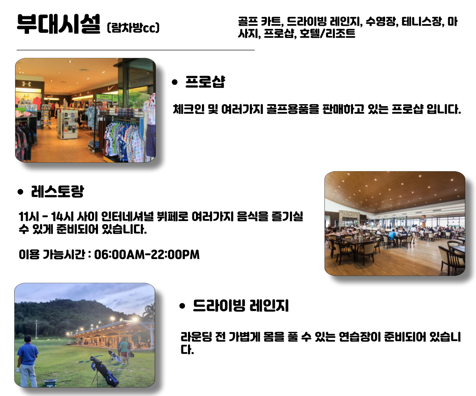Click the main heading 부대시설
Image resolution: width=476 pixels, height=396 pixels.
click(59, 24)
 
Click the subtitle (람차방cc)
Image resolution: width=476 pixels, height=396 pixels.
click(133, 28)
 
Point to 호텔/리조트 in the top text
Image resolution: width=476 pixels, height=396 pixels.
click(327, 33)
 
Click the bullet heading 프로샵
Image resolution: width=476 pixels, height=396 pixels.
click(205, 82)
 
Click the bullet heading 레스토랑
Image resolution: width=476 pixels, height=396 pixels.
click(58, 191)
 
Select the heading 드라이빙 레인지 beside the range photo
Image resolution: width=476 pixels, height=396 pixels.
click(241, 305)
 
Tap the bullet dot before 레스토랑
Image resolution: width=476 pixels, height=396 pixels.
click(20, 192)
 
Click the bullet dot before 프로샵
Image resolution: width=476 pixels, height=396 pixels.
click(175, 82)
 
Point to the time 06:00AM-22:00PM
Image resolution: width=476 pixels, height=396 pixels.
click(147, 255)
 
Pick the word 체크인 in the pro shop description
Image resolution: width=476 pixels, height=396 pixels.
click(188, 109)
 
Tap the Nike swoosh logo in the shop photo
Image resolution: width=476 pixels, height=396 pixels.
click(111, 88)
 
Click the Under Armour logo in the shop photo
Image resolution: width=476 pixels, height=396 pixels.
click(27, 84)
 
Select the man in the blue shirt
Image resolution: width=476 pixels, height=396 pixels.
click(27, 361)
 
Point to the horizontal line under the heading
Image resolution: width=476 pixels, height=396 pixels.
click(136, 50)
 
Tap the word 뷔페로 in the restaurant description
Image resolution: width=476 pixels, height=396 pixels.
click(173, 217)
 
